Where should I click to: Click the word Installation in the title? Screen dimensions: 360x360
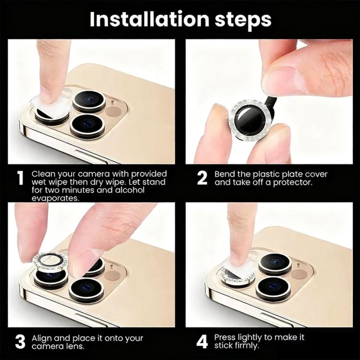[149, 19]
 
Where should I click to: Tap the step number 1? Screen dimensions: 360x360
[21, 179]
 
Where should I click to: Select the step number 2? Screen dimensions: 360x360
[202, 178]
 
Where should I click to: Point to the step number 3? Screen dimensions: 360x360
[20, 342]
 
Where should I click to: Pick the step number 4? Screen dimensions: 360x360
[202, 342]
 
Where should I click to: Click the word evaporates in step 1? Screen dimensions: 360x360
[55, 198]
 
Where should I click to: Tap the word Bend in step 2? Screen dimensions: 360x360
[225, 174]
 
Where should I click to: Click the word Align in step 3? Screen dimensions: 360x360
[41, 338]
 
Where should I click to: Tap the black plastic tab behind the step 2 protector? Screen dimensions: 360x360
[271, 105]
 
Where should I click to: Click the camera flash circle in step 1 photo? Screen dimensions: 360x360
[113, 111]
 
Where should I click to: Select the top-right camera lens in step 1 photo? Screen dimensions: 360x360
[89, 101]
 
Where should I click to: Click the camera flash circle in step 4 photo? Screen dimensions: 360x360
[299, 275]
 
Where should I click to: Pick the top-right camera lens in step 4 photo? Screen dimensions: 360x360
[275, 264]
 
